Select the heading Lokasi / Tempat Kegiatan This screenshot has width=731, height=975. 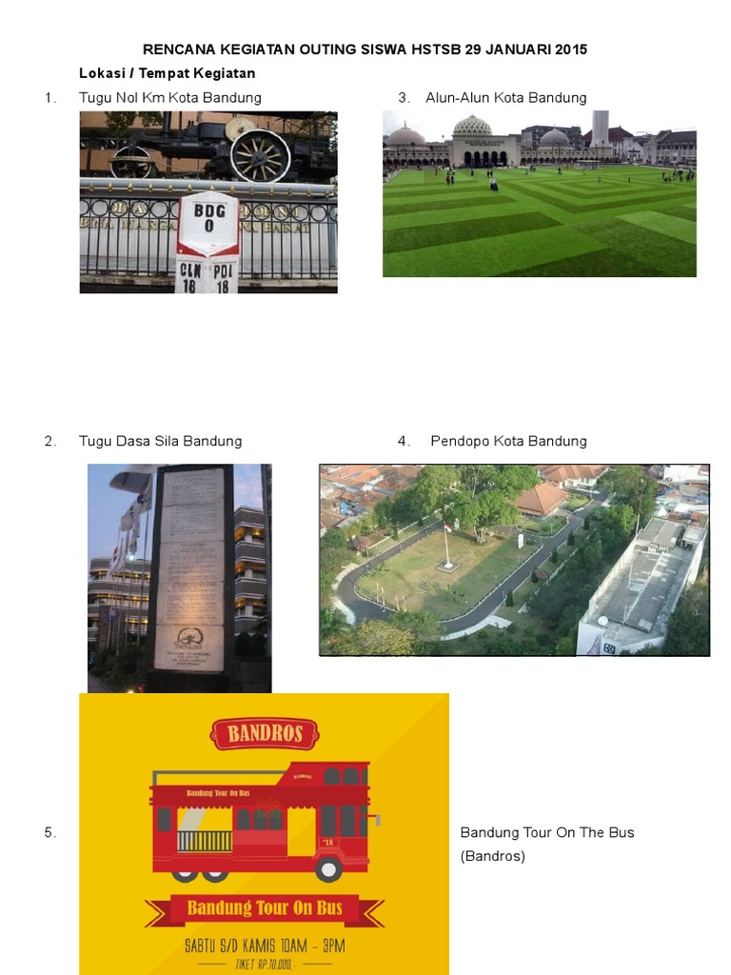point(167,73)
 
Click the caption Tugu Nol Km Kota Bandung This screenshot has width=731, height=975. point(169,97)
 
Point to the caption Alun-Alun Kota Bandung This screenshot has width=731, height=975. point(505,97)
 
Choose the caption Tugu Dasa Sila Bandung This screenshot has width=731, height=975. point(160,441)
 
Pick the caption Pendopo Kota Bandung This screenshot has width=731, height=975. point(508,441)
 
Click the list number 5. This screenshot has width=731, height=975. point(50,832)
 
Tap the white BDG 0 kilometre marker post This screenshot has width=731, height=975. point(208,243)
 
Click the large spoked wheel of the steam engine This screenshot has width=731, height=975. point(260,155)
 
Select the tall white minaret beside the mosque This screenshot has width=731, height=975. point(600,128)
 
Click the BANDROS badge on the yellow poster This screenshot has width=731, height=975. point(264,734)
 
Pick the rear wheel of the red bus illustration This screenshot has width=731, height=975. point(328,867)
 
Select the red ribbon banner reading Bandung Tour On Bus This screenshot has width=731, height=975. point(264,907)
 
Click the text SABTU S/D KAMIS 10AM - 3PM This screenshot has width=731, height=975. point(264,945)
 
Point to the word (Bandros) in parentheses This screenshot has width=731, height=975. point(493,856)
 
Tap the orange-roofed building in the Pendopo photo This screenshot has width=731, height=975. point(541,498)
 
